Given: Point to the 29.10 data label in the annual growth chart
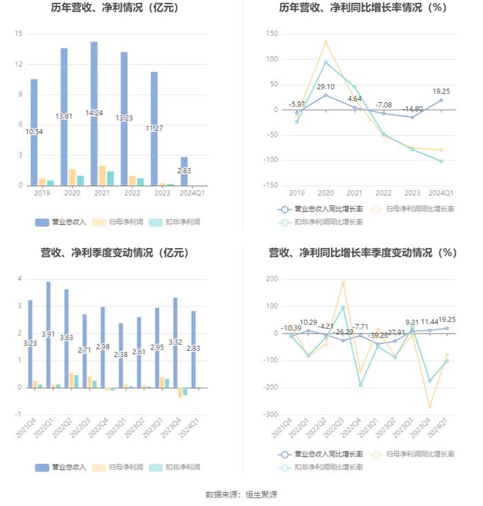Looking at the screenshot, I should tap(326, 87).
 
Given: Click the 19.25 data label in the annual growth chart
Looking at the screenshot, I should tap(441, 91).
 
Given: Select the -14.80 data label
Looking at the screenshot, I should tap(413, 109).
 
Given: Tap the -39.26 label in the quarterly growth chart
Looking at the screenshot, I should tap(377, 336).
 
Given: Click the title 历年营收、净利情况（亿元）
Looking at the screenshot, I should tap(115, 8).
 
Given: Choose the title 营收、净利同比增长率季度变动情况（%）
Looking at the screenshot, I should tap(362, 253).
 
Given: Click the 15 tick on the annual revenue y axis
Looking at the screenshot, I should tap(19, 34).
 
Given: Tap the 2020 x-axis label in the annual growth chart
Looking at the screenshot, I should tap(326, 194).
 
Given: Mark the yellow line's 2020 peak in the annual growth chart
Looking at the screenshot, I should tap(326, 42).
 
